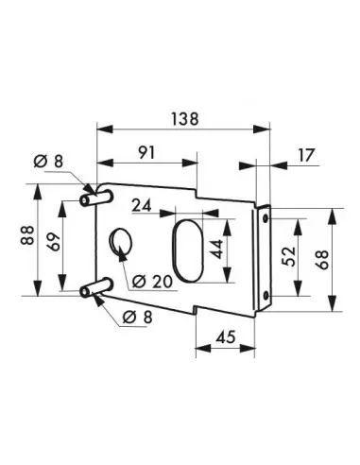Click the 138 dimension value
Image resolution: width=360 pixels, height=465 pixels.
coord(185,119)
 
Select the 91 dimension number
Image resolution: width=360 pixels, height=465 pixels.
coord(146,153)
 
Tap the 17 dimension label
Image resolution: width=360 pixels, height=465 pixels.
coord(306,155)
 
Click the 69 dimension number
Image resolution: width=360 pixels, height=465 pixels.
coord(55,242)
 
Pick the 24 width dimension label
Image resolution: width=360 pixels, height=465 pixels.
coord(142,205)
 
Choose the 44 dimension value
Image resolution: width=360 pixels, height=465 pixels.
coord(216,249)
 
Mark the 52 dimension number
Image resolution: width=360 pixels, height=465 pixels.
coord(288,256)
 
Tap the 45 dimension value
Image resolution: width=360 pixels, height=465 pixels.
coord(226,336)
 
